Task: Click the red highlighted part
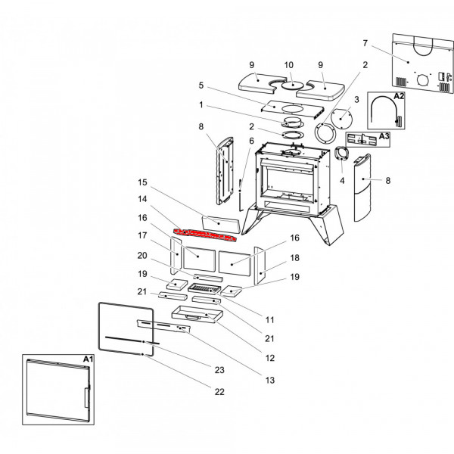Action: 204,232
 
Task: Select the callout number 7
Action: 365,42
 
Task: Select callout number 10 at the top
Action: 288,66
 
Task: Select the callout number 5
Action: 201,86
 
